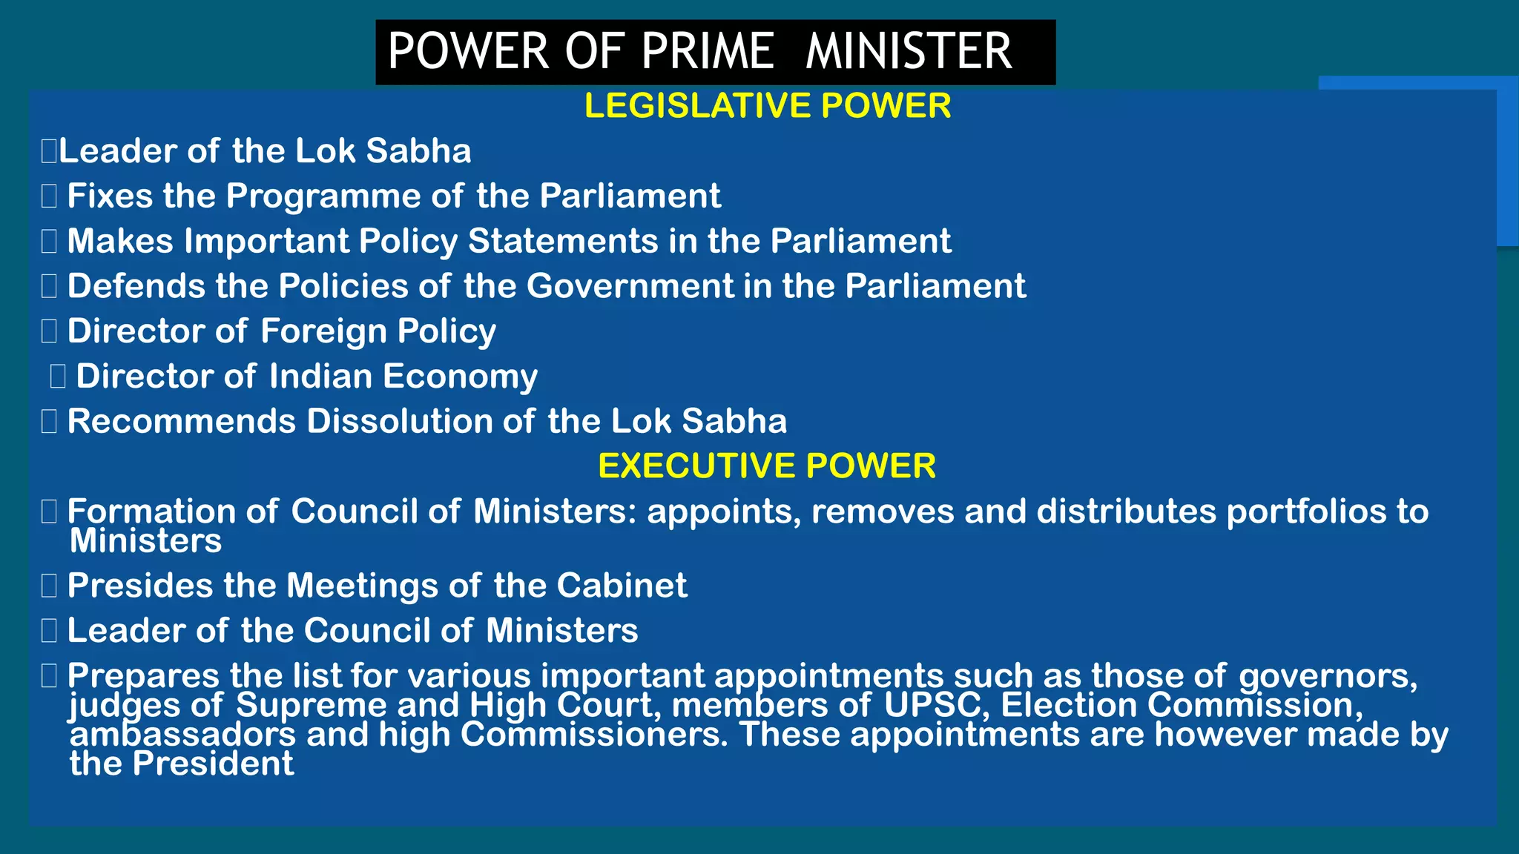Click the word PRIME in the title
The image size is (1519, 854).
708,51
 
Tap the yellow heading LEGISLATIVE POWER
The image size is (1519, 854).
767,106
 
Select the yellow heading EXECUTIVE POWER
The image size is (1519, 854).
767,466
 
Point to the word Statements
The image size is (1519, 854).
563,242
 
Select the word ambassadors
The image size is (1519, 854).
182,735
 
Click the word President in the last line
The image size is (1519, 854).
213,764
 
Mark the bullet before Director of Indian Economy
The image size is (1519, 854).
58,377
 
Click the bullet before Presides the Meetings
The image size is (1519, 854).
49,586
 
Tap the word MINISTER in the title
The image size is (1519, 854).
909,51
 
